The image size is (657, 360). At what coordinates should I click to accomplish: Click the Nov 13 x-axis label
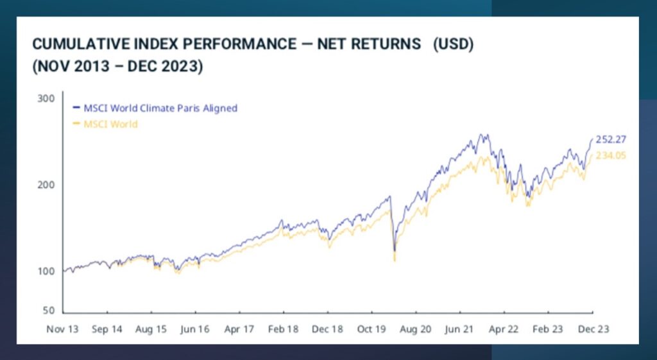(62, 329)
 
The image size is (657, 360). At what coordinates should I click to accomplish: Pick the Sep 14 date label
(107, 329)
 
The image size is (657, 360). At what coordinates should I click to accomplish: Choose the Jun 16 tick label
(194, 329)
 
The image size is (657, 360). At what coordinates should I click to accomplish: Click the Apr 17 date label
(239, 329)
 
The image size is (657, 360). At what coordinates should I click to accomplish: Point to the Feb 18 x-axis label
(283, 329)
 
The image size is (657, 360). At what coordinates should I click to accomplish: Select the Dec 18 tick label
(327, 329)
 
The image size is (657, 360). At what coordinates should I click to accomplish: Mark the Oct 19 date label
(371, 329)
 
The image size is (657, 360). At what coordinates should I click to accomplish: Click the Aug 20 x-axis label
(416, 329)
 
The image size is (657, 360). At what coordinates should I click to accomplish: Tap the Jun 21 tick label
(459, 329)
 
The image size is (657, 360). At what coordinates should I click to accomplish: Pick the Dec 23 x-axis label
(593, 329)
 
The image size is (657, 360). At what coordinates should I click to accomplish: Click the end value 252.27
(611, 139)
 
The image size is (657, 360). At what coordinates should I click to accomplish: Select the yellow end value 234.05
(611, 155)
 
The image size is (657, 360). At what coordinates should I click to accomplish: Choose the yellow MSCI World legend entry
(110, 124)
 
